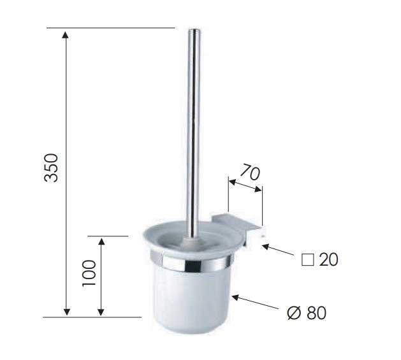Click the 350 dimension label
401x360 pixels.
(x=51, y=168)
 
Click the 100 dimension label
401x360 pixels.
(x=89, y=273)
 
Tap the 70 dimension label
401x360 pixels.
(x=250, y=172)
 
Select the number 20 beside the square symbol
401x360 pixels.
(x=328, y=259)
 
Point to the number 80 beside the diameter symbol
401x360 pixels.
(x=317, y=312)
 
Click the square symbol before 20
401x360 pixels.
(x=308, y=260)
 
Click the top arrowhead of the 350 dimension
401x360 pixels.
(x=66, y=34)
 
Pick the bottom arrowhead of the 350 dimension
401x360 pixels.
(x=66, y=312)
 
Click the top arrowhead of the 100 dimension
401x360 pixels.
(x=101, y=241)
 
